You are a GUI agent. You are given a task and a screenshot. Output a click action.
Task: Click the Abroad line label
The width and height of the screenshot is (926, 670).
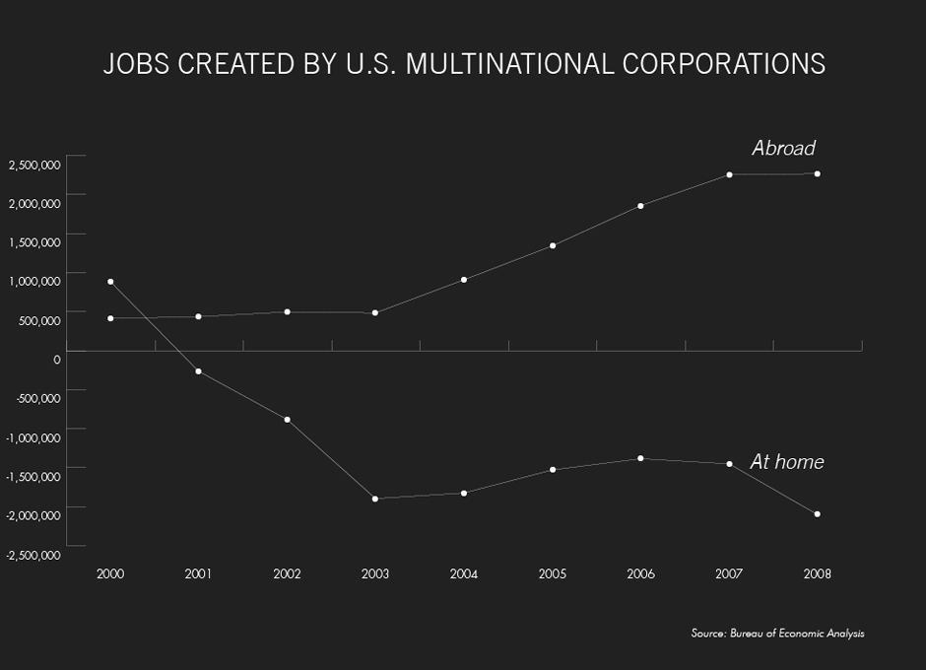(x=783, y=148)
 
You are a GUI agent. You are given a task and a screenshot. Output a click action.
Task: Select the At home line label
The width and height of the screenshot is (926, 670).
(x=787, y=461)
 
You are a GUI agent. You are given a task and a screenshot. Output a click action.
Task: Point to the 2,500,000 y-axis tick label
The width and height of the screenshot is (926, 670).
(x=34, y=164)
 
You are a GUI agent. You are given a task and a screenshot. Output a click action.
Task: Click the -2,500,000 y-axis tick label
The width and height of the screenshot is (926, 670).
(x=33, y=555)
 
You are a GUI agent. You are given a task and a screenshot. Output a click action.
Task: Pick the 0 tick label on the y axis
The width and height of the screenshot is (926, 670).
(x=57, y=359)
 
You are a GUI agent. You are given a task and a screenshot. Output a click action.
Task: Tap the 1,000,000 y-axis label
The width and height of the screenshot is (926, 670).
(x=34, y=281)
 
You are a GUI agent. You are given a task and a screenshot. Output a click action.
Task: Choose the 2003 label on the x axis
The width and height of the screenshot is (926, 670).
(x=375, y=573)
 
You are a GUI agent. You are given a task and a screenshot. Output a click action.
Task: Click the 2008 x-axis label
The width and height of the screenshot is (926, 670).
(x=818, y=573)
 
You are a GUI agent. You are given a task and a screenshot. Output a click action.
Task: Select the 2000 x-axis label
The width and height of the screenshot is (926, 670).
(x=110, y=573)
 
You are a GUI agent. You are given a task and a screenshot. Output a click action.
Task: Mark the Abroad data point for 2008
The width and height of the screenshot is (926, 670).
(x=818, y=173)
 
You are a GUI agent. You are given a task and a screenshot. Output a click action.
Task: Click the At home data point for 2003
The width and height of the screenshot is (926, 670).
(x=375, y=499)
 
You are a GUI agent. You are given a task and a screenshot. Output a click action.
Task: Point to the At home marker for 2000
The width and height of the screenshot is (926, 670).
(x=110, y=282)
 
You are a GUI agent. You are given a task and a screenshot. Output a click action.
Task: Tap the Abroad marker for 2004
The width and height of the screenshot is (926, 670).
(x=464, y=280)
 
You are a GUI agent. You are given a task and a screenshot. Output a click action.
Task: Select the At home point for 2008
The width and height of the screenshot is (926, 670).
(x=818, y=514)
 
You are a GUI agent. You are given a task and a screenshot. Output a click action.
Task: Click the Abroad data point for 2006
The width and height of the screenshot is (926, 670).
(x=640, y=206)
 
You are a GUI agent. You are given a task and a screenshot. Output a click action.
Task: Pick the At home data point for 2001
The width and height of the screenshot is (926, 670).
(x=199, y=371)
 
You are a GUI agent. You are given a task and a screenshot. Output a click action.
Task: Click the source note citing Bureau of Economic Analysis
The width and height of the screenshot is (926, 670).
(x=777, y=634)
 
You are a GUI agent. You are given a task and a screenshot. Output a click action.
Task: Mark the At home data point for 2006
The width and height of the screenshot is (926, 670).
(x=640, y=458)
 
